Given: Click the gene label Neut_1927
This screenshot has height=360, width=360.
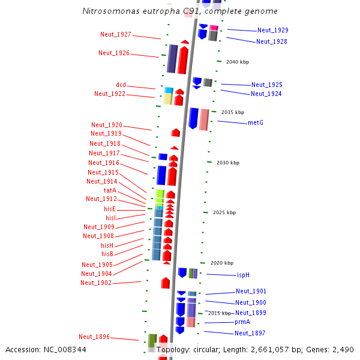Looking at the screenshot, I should click(x=116, y=34).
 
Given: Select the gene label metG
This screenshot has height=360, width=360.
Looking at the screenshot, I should click(x=256, y=122).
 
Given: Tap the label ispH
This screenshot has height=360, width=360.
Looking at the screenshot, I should click(x=243, y=275).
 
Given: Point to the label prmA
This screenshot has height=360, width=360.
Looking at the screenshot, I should click(x=242, y=322).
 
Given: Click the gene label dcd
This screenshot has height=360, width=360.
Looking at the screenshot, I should click(x=121, y=85).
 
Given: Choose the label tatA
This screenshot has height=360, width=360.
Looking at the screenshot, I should click(x=110, y=190).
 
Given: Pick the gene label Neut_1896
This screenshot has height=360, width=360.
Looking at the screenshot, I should click(x=94, y=337).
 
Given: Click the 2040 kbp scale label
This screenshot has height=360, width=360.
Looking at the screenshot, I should click(x=237, y=62).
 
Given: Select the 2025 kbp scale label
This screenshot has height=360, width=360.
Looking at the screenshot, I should click(x=224, y=212).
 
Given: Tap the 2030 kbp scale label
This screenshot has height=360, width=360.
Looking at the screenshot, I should click(x=228, y=163).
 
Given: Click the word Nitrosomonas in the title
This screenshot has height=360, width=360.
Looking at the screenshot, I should click(x=109, y=11).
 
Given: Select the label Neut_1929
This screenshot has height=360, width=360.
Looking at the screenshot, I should click(x=273, y=30).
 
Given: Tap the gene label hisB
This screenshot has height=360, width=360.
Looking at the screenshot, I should click(x=107, y=254).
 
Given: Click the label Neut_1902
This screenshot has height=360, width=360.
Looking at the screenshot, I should click(x=96, y=283).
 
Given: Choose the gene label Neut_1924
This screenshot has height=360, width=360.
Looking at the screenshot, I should click(x=266, y=94).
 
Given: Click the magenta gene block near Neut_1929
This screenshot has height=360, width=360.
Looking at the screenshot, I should click(x=214, y=28).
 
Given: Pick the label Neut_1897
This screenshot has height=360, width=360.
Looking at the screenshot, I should click(x=250, y=333).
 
